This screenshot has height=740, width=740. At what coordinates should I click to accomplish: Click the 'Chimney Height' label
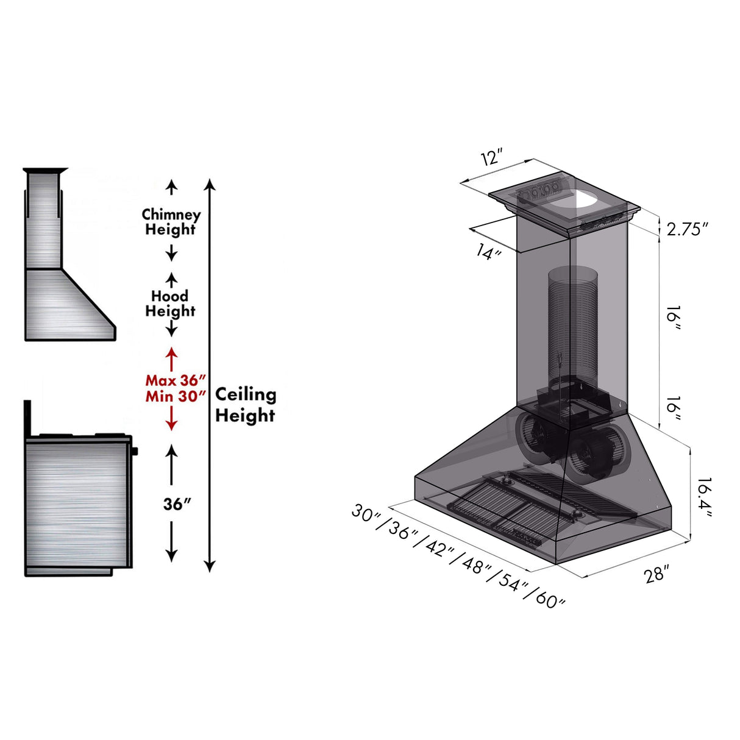point(171,222)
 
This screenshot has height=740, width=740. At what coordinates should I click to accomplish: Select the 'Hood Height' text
point(170,304)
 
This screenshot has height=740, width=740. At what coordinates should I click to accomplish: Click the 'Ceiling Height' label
point(245,405)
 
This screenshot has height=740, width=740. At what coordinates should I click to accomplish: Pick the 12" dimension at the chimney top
point(491,157)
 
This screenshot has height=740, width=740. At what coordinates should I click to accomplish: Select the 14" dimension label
point(488,251)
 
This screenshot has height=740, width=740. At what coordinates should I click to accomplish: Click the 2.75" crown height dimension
point(687,229)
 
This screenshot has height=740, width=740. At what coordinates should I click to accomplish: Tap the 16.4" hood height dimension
point(704,497)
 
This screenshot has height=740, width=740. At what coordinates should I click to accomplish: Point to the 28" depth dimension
point(656,574)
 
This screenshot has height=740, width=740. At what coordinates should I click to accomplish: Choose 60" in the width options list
point(550,600)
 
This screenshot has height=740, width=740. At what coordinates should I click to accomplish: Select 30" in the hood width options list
point(366,513)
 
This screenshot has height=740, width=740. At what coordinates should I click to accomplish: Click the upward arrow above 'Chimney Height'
point(172,188)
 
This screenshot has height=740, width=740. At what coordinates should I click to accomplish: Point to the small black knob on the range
point(134,451)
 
